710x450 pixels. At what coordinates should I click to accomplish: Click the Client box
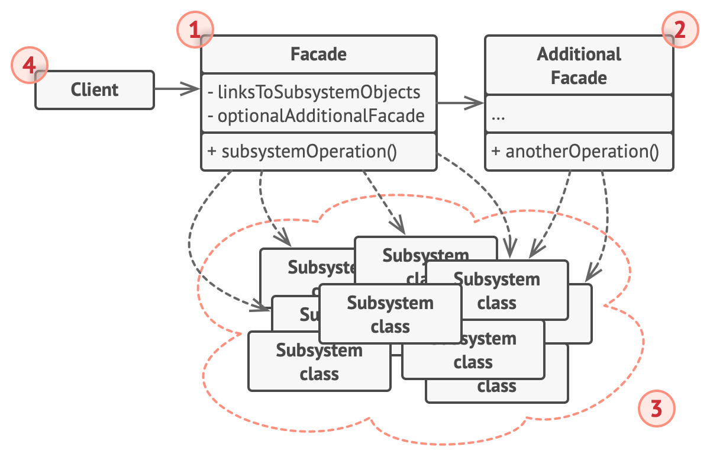coord(95,90)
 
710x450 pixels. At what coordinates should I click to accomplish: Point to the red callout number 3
coord(656,409)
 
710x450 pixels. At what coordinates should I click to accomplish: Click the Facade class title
coord(318,54)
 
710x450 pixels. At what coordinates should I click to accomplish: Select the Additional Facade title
coord(579,66)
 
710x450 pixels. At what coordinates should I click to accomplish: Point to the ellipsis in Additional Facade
coord(498,117)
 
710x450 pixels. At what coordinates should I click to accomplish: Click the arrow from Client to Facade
coord(177,90)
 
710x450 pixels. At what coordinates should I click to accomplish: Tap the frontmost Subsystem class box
coord(390,314)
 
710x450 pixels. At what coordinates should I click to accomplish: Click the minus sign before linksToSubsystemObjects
coord(211,92)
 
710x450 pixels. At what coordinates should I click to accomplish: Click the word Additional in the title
coord(579,54)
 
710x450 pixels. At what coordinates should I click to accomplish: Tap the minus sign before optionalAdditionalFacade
coord(211,116)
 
